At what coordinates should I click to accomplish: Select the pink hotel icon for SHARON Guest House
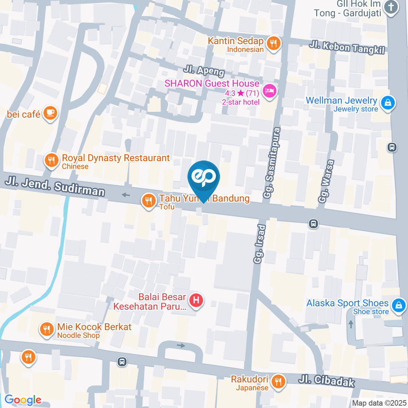click(269, 91)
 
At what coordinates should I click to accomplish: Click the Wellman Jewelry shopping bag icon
click(388, 103)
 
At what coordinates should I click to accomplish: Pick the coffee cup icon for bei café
click(50, 113)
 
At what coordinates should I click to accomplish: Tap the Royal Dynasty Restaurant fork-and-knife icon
click(51, 160)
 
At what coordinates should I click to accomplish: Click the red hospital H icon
click(196, 300)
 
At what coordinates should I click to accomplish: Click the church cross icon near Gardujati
click(390, 7)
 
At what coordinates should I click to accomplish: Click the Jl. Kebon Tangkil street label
click(347, 47)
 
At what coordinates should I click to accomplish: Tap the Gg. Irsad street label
click(260, 244)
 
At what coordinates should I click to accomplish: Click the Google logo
click(23, 400)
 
